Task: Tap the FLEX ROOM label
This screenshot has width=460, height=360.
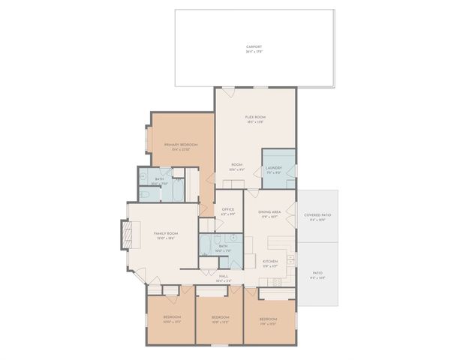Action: [255, 117]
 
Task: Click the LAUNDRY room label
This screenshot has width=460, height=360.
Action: [273, 168]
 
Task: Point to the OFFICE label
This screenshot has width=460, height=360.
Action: [228, 210]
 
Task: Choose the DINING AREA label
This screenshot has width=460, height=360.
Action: [269, 212]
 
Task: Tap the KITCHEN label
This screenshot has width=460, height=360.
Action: [270, 262]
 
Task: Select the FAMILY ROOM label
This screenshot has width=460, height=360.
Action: [165, 235]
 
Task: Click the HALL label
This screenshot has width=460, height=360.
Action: [224, 276]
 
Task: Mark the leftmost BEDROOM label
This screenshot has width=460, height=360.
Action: [172, 316]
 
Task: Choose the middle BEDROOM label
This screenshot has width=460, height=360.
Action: [219, 316]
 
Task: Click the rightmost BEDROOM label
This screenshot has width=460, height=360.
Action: [268, 319]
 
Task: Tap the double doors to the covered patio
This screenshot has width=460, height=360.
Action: [296, 214]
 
